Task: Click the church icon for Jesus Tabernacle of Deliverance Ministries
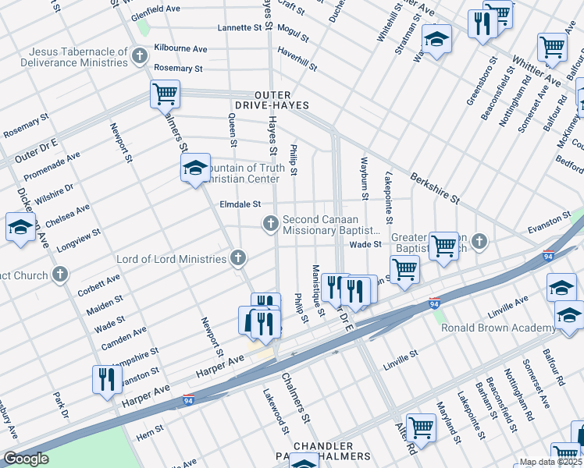(x=140, y=55)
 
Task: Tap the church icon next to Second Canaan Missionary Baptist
(x=271, y=225)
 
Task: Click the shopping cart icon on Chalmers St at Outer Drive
(x=165, y=94)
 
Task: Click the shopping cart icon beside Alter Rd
(x=421, y=427)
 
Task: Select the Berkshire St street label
(x=433, y=187)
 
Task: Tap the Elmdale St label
(x=240, y=206)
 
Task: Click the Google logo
(x=25, y=459)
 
